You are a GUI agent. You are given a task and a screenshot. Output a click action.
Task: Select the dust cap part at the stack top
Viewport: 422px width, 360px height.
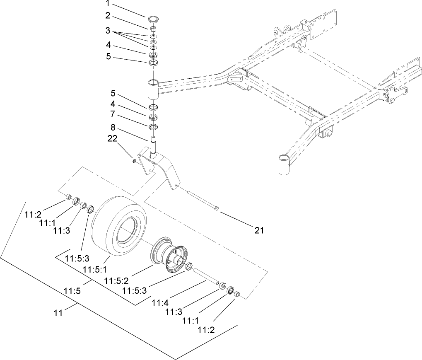[x=153, y=19]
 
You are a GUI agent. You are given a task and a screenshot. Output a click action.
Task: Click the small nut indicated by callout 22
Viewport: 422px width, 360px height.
[x=135, y=160]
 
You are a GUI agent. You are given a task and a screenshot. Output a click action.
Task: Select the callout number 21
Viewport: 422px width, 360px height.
[x=259, y=230]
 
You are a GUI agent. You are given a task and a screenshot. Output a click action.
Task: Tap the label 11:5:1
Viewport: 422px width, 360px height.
[x=93, y=270]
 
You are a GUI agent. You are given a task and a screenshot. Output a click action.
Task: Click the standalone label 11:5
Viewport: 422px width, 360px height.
[x=72, y=292]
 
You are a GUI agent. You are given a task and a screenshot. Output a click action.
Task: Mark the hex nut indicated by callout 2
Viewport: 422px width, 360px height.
[x=153, y=29]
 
